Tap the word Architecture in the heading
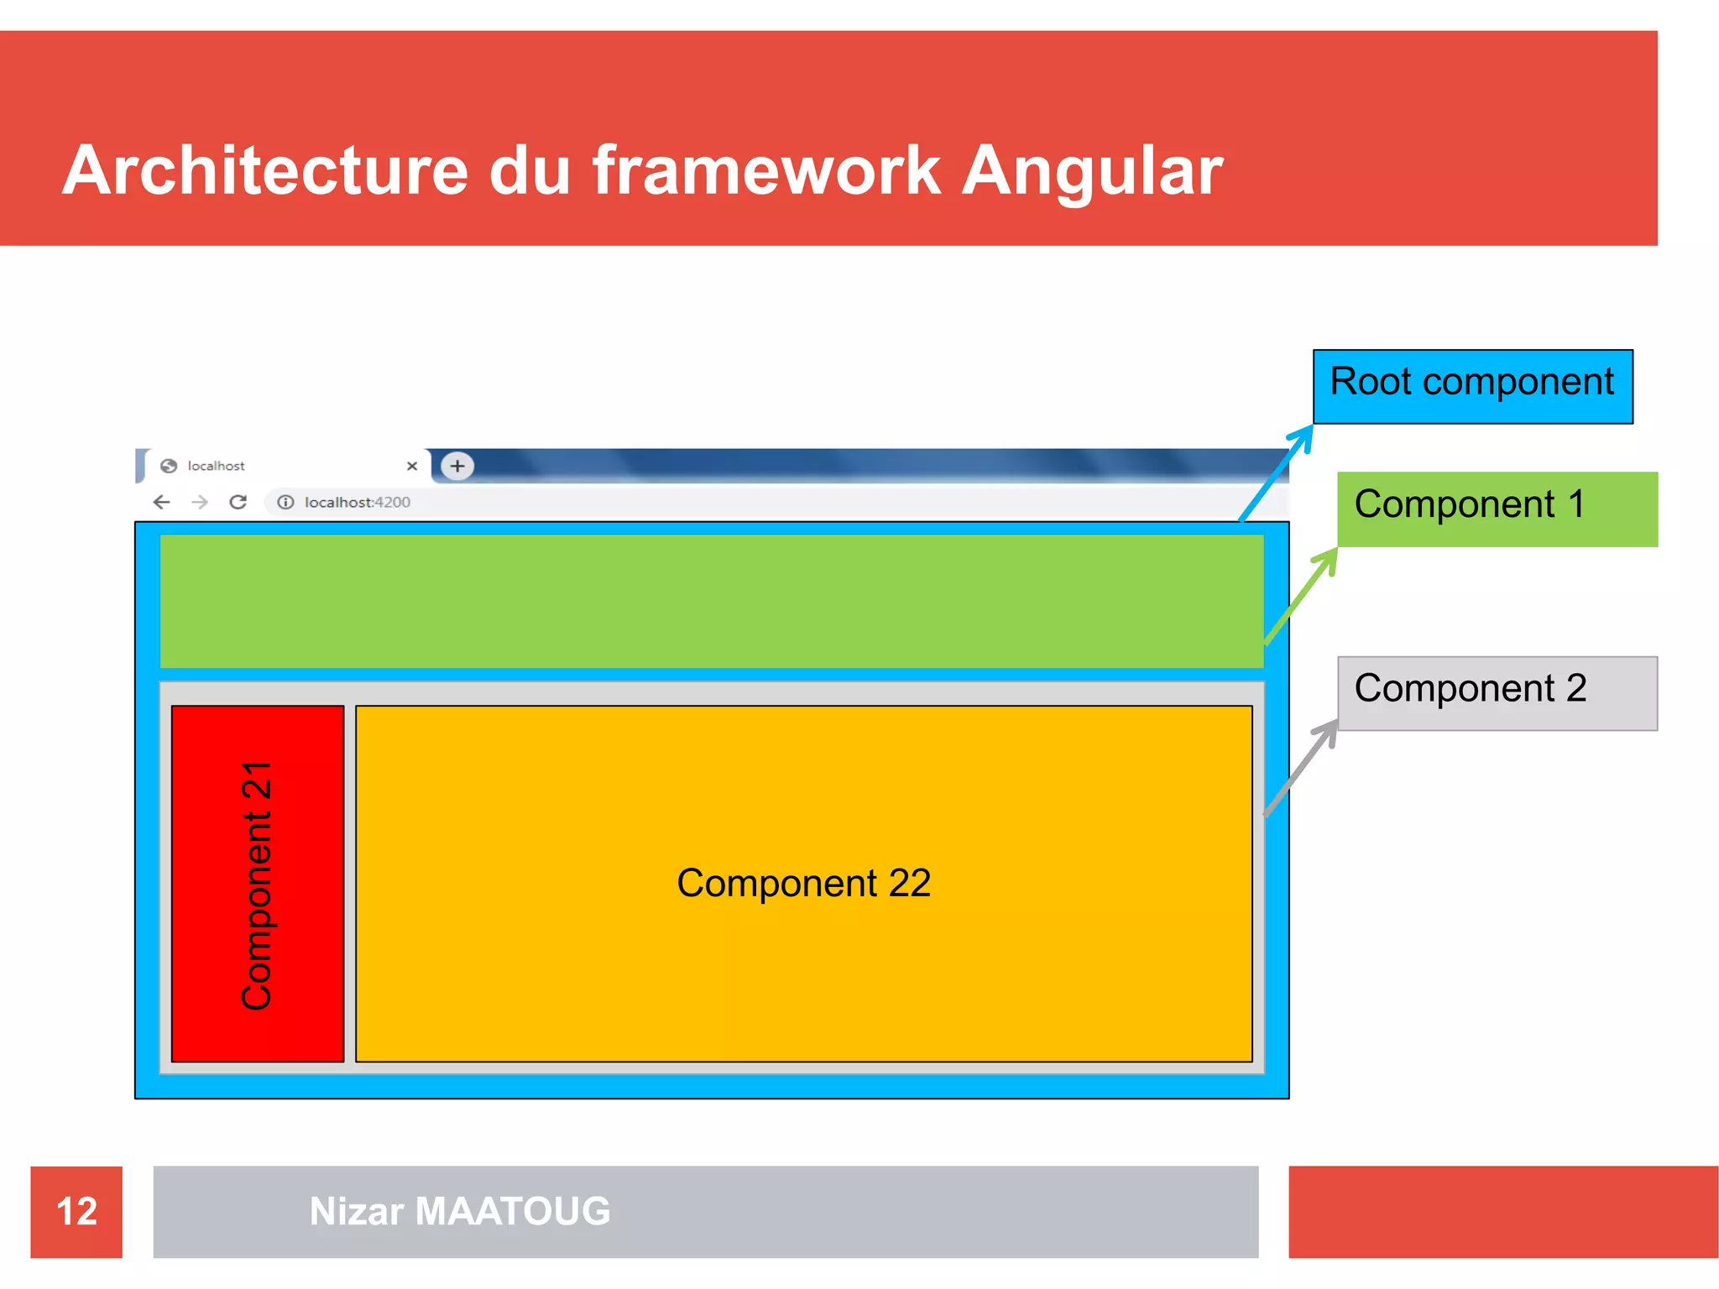(x=264, y=171)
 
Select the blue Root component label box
(x=1472, y=386)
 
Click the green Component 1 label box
(x=1497, y=509)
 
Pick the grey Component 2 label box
(x=1497, y=692)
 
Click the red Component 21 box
(x=257, y=883)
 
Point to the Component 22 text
(x=803, y=883)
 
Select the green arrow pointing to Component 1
(x=1300, y=596)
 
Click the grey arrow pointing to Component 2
(x=1300, y=768)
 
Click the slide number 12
(x=76, y=1211)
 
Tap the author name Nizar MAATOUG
(x=459, y=1211)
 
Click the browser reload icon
(x=238, y=502)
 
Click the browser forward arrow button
(x=200, y=502)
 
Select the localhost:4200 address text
(x=357, y=502)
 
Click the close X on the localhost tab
(x=412, y=466)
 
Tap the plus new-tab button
(x=457, y=466)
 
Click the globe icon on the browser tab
(x=169, y=466)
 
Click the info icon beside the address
(x=285, y=502)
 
